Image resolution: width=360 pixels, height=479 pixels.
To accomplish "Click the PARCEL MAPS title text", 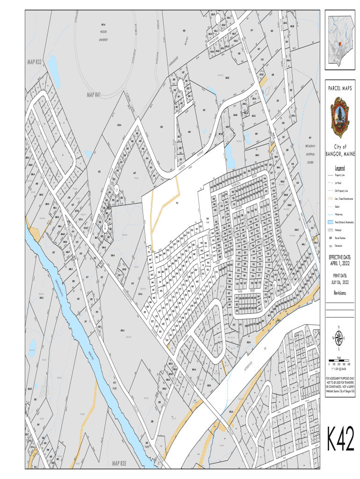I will pos(340,88).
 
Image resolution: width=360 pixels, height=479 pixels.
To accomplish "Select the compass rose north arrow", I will pos(340,338).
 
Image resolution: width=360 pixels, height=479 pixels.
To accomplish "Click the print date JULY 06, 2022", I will pos(340,283).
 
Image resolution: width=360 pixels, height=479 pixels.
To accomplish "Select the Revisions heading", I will pos(340,293).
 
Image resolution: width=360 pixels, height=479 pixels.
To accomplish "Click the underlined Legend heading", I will pos(340,167).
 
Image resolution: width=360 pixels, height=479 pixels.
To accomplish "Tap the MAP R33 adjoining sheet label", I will pos(34,62).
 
